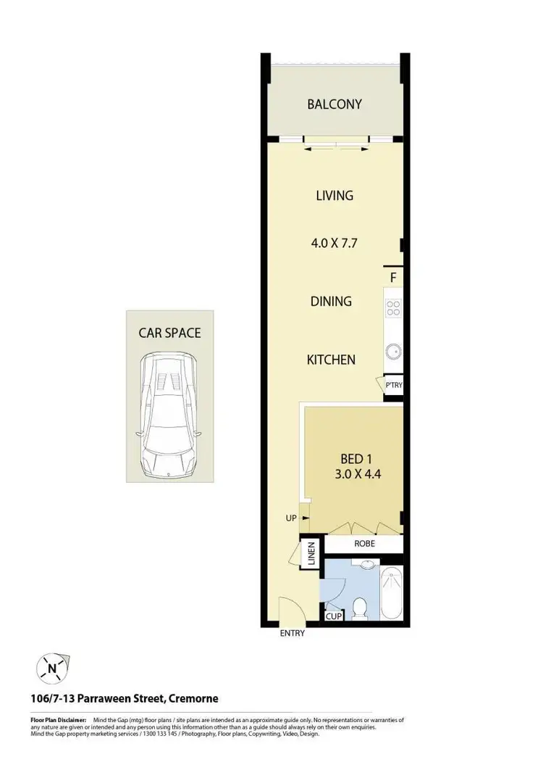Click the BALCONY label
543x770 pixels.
(334, 104)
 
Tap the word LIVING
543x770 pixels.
(334, 195)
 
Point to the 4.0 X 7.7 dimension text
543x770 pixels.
(334, 244)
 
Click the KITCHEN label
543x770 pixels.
(331, 359)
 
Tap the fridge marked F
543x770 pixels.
(393, 278)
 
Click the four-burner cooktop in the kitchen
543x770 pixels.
(393, 307)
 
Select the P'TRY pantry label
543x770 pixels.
(393, 385)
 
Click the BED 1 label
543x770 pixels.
(355, 459)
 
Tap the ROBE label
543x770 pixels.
(363, 543)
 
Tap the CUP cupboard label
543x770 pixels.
(334, 616)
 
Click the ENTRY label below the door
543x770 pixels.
(292, 633)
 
